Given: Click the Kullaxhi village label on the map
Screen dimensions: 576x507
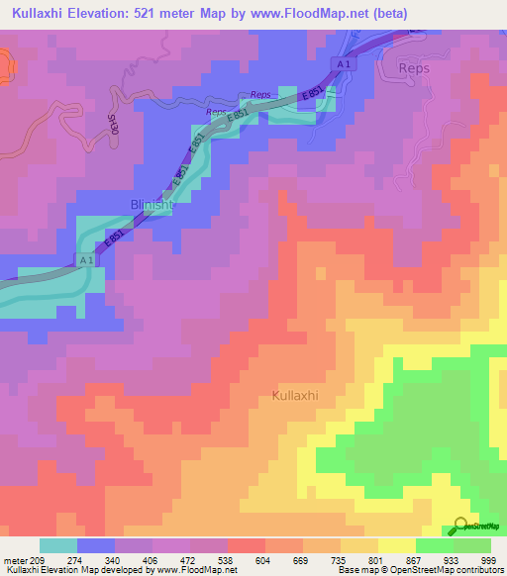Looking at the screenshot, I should (x=294, y=396).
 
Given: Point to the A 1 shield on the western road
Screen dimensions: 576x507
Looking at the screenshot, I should (x=85, y=259).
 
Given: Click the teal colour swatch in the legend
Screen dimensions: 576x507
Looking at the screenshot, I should (x=58, y=545).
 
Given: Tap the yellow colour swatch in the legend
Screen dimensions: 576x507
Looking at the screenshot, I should (x=396, y=545).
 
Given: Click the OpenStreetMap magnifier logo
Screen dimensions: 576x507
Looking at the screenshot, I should (x=461, y=525).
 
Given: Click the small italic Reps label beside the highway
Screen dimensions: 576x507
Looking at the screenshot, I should (x=260, y=95).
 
